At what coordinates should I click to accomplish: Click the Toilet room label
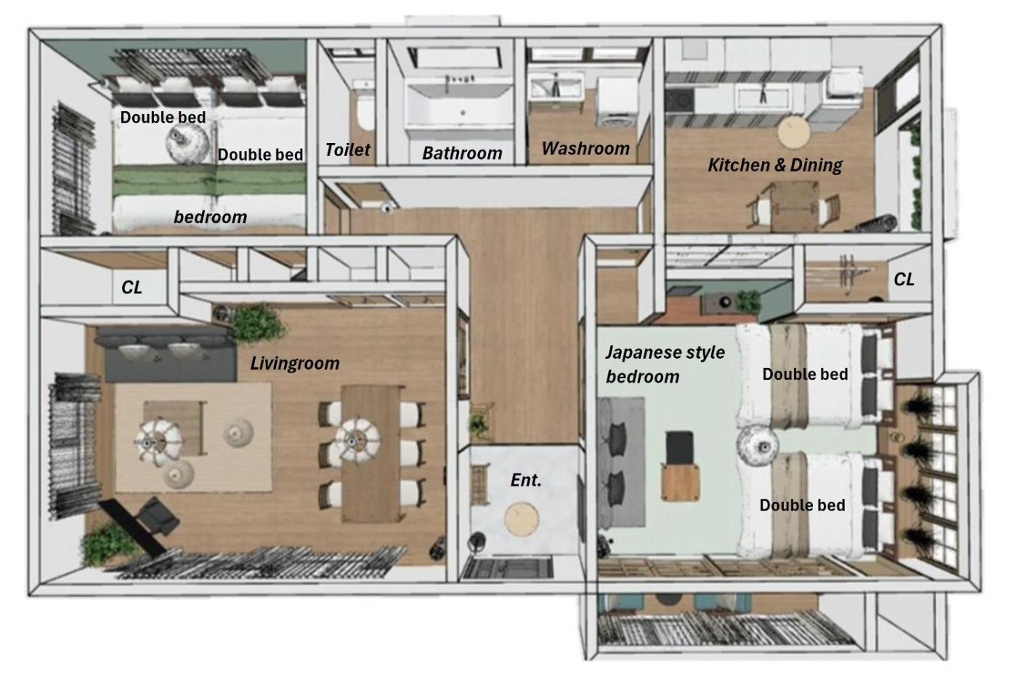348,150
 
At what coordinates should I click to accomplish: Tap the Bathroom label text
462,153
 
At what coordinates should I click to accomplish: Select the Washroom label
586,148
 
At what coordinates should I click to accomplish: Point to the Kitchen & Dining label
775,165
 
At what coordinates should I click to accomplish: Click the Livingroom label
295,363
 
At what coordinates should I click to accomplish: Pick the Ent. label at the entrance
526,480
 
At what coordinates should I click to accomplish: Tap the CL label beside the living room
131,288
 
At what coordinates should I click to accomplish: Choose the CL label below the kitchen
904,280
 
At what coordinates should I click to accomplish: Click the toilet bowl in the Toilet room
365,113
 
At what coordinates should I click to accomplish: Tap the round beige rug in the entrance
522,518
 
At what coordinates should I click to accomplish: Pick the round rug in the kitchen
793,132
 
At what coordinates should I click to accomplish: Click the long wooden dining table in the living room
372,453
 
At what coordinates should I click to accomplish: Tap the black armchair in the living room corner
157,517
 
